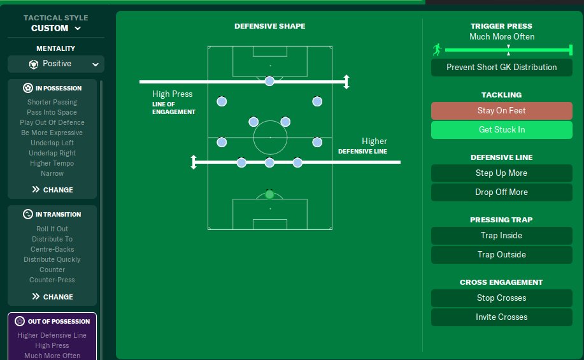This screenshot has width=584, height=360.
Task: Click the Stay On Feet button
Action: (x=501, y=111)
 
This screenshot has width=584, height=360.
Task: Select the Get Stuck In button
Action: (x=501, y=130)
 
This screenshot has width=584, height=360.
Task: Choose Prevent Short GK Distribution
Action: (x=501, y=68)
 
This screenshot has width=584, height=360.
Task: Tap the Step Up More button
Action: (x=501, y=173)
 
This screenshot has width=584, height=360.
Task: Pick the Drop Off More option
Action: (x=501, y=192)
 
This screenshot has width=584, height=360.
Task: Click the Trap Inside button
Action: (x=501, y=236)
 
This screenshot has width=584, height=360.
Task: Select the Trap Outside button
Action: (x=501, y=255)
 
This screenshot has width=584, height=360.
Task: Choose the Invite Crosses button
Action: (x=501, y=317)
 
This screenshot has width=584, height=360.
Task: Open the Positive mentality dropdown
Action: (x=56, y=64)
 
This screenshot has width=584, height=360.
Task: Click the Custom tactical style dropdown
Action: (x=56, y=29)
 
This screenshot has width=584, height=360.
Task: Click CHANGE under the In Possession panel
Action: (x=52, y=190)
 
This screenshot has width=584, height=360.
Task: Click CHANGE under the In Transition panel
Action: (x=52, y=297)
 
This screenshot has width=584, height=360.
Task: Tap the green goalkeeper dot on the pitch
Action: (x=269, y=194)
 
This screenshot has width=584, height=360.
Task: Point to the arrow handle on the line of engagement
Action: (x=346, y=82)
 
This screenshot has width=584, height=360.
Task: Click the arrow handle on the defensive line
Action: (x=194, y=162)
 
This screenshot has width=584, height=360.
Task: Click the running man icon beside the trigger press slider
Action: (x=437, y=50)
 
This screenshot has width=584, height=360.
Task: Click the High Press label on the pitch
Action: (x=172, y=94)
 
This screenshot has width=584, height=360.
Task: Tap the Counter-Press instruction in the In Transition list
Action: (x=52, y=280)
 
